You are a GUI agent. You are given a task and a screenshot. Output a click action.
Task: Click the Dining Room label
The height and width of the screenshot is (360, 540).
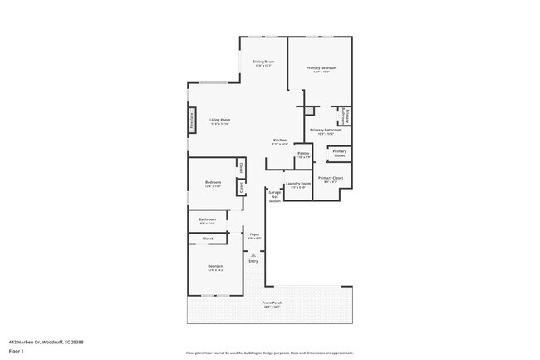coord(263,62)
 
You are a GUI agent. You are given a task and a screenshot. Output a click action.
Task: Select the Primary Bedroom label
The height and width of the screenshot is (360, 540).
coord(322,69)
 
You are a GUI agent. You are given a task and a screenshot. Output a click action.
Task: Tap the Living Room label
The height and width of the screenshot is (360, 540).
coord(219,121)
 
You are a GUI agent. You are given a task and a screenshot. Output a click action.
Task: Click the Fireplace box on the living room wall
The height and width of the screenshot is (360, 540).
coord(192,121)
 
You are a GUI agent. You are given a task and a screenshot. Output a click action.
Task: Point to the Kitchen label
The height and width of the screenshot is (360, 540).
coord(280,141)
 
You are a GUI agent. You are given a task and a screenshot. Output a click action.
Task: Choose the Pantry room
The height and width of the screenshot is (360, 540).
coord(303,154)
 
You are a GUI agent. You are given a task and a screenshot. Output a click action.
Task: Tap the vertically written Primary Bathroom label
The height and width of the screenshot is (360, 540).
coord(346,115)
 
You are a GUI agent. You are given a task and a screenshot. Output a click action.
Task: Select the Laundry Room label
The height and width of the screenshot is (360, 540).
coord(298,185)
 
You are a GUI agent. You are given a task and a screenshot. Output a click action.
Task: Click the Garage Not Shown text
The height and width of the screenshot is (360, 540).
coord(274,196)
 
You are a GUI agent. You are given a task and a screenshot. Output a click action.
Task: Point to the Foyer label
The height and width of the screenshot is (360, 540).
coord(254,235)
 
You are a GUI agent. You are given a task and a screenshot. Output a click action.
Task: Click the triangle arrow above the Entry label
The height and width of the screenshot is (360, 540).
coord(253,254)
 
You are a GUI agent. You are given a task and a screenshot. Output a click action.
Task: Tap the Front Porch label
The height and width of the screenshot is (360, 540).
coord(272,303)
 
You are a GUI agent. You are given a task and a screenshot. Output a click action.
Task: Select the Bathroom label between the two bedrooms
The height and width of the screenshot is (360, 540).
coord(207,220)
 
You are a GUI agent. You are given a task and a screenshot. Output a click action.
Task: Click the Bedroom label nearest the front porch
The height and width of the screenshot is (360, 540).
coord(215,268)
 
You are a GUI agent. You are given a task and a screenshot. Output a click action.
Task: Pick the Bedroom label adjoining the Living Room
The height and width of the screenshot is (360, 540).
coord(214,184)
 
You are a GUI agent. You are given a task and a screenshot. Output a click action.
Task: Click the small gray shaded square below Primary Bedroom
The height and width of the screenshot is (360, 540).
coord(309,110)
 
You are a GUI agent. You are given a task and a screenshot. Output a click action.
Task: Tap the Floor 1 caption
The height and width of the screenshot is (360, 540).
coord(17,350)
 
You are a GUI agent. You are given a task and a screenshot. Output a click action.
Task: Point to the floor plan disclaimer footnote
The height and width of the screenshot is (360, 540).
coord(269,353)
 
